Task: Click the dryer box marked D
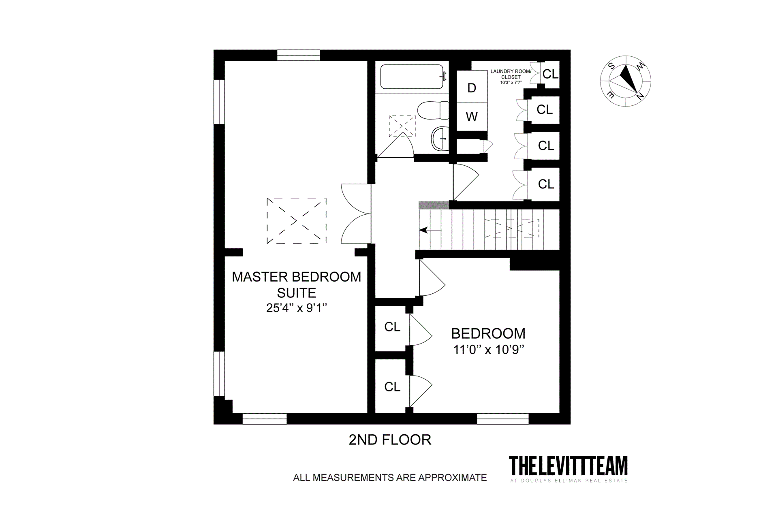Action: (x=472, y=87)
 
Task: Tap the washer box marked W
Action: (x=472, y=117)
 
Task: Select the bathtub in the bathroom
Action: (x=412, y=77)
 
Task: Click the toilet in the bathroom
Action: (x=433, y=110)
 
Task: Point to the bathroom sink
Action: (x=440, y=139)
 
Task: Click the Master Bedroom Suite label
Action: (x=296, y=285)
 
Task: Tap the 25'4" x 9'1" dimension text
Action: (x=296, y=308)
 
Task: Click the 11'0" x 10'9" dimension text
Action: (x=488, y=349)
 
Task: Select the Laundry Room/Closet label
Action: (x=511, y=74)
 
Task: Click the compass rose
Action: (x=625, y=81)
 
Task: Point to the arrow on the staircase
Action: (x=424, y=230)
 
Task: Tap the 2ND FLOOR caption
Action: (x=390, y=440)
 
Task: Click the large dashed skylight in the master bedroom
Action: (x=296, y=221)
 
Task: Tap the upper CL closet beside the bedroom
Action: (x=392, y=327)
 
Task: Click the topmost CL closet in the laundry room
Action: (x=550, y=74)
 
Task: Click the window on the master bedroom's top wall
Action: (x=298, y=55)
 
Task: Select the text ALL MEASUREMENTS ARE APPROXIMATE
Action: (x=390, y=478)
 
